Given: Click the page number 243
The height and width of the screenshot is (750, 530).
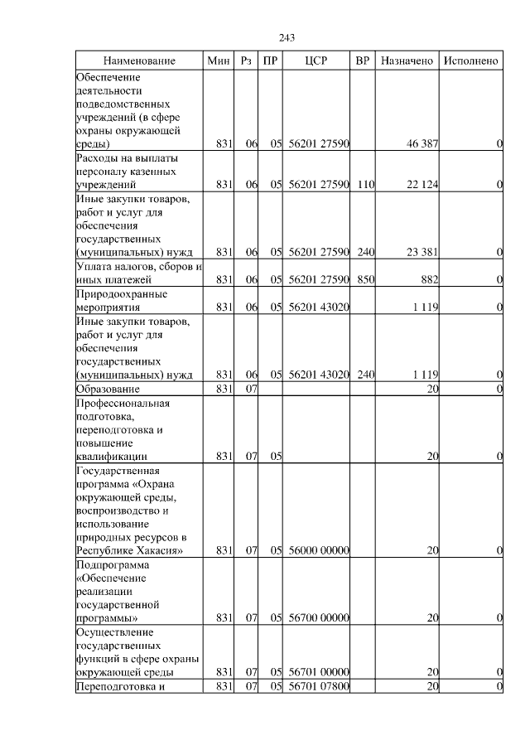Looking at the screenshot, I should point(287,38).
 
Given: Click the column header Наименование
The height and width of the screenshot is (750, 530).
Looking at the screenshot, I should point(139,61).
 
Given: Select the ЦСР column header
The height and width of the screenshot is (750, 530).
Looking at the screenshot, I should point(317,61).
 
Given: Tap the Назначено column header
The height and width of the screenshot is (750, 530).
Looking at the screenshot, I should point(407,61).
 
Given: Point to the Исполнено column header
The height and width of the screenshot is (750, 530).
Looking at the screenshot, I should point(471,61).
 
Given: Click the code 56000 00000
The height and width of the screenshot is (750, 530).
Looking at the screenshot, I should point(319,550).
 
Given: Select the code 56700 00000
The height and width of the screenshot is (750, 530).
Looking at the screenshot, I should point(319,617).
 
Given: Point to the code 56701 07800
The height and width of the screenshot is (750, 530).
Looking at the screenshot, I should point(319,686).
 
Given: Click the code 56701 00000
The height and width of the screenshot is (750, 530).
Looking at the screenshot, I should point(319,672).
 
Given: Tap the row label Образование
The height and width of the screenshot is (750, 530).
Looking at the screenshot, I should point(108,389).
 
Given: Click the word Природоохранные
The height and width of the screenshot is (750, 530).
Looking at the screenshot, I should point(122,293).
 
